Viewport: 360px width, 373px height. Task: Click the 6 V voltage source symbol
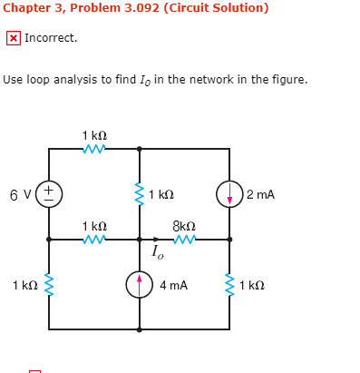(x=49, y=193)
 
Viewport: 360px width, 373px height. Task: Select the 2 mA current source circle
(x=229, y=193)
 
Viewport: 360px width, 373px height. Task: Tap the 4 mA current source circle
(x=139, y=284)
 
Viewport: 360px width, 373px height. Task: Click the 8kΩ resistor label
(x=183, y=224)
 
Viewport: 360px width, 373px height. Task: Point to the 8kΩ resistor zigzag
(x=184, y=240)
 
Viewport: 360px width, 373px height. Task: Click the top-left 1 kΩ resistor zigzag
(x=94, y=149)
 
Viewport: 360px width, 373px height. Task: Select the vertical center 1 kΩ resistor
(x=139, y=193)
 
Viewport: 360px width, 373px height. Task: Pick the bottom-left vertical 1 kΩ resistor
(x=49, y=284)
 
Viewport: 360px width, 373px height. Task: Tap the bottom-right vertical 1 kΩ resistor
(x=229, y=284)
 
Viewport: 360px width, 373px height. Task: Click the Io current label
(x=158, y=251)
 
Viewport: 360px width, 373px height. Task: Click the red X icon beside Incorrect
(x=13, y=38)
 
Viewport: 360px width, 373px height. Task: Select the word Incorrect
(x=51, y=38)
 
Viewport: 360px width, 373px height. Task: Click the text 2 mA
(x=260, y=194)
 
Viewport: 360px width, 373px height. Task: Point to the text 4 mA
(x=173, y=285)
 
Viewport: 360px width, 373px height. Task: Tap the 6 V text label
(x=20, y=193)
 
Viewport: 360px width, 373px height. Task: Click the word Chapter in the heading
(x=25, y=8)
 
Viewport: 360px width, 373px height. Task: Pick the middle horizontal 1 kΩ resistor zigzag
(x=94, y=240)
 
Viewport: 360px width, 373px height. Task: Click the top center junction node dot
(x=139, y=149)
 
